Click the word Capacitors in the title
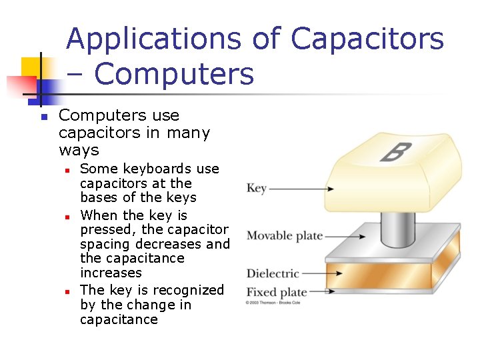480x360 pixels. (367, 39)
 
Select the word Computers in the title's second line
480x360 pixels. (174, 74)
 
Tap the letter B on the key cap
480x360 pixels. (394, 152)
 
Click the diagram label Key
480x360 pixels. (257, 188)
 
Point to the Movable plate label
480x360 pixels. (285, 236)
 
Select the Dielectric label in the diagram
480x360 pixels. (273, 273)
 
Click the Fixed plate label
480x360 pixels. (277, 292)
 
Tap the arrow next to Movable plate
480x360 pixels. (346, 236)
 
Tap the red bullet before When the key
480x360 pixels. (67, 217)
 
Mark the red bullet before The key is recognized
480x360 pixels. (67, 291)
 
